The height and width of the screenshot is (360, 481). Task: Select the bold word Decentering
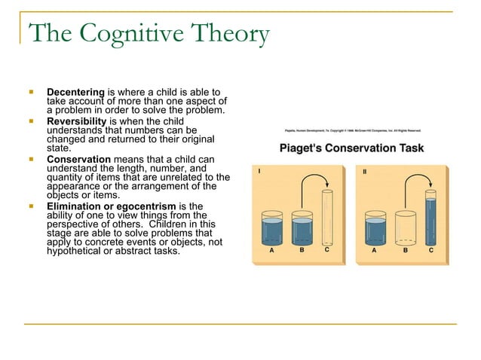75,92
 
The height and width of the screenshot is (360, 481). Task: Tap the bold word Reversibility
78,121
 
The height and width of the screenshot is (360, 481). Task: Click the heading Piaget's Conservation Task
351,148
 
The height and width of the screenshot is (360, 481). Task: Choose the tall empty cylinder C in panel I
326,218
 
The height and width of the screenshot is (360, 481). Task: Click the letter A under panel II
375,253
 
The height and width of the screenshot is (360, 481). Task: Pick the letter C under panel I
326,253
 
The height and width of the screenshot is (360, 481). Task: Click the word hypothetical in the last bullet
75,251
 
